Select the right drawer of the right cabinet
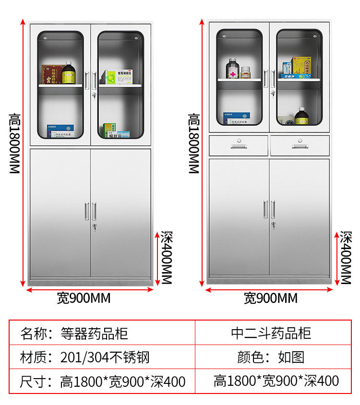point(300,145)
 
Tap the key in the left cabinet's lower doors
point(95,230)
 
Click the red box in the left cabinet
point(51,74)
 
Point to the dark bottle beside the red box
point(68,73)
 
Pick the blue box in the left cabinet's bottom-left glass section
point(60,131)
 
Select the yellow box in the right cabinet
point(301,66)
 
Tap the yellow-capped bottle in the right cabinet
point(301,117)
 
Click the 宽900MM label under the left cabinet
point(84,298)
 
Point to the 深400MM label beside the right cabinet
point(346,258)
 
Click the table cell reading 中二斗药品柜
point(271,333)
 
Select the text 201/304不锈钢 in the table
point(105,357)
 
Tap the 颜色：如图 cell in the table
point(271,357)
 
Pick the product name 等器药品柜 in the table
point(95,333)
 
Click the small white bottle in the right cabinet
point(246,72)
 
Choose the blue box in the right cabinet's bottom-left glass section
point(237,118)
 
